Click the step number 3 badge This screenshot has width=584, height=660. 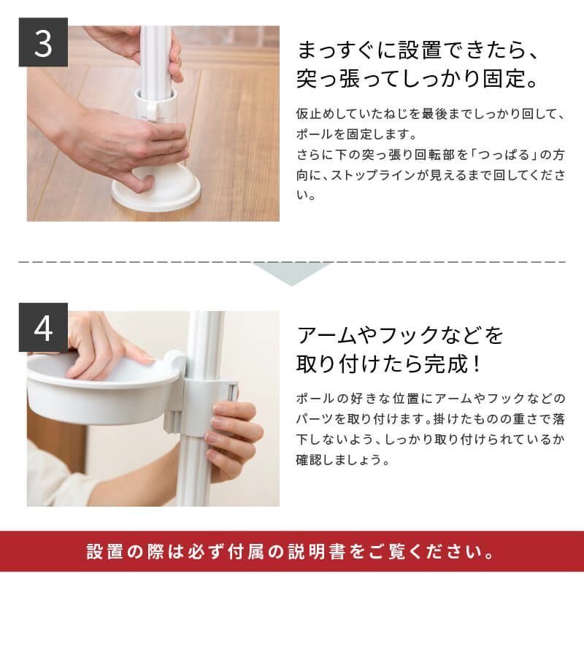43,42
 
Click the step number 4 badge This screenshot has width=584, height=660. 43,327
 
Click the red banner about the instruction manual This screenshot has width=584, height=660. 292,551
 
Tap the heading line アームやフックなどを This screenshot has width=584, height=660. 401,336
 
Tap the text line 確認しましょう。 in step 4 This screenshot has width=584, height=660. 343,461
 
